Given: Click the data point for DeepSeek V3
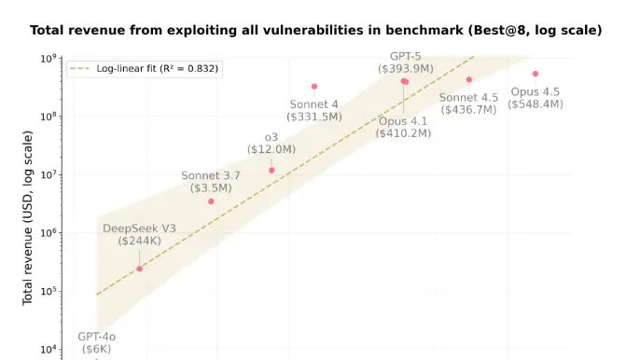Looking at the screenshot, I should click(140, 269).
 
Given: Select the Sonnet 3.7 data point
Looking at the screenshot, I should click(211, 201).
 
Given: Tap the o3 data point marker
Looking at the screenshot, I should click(271, 170).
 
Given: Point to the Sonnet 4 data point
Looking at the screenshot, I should click(314, 87).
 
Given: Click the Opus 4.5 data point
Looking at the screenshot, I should click(536, 74).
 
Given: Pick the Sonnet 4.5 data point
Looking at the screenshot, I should click(469, 79).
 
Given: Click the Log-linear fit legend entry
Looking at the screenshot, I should click(141, 69).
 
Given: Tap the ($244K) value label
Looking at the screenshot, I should click(139, 241).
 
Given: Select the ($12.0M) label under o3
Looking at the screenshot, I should click(271, 149).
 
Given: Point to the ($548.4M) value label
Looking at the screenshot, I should click(536, 104).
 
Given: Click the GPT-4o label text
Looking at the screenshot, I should click(96, 336).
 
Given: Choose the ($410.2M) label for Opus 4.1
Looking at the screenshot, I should click(403, 133).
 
